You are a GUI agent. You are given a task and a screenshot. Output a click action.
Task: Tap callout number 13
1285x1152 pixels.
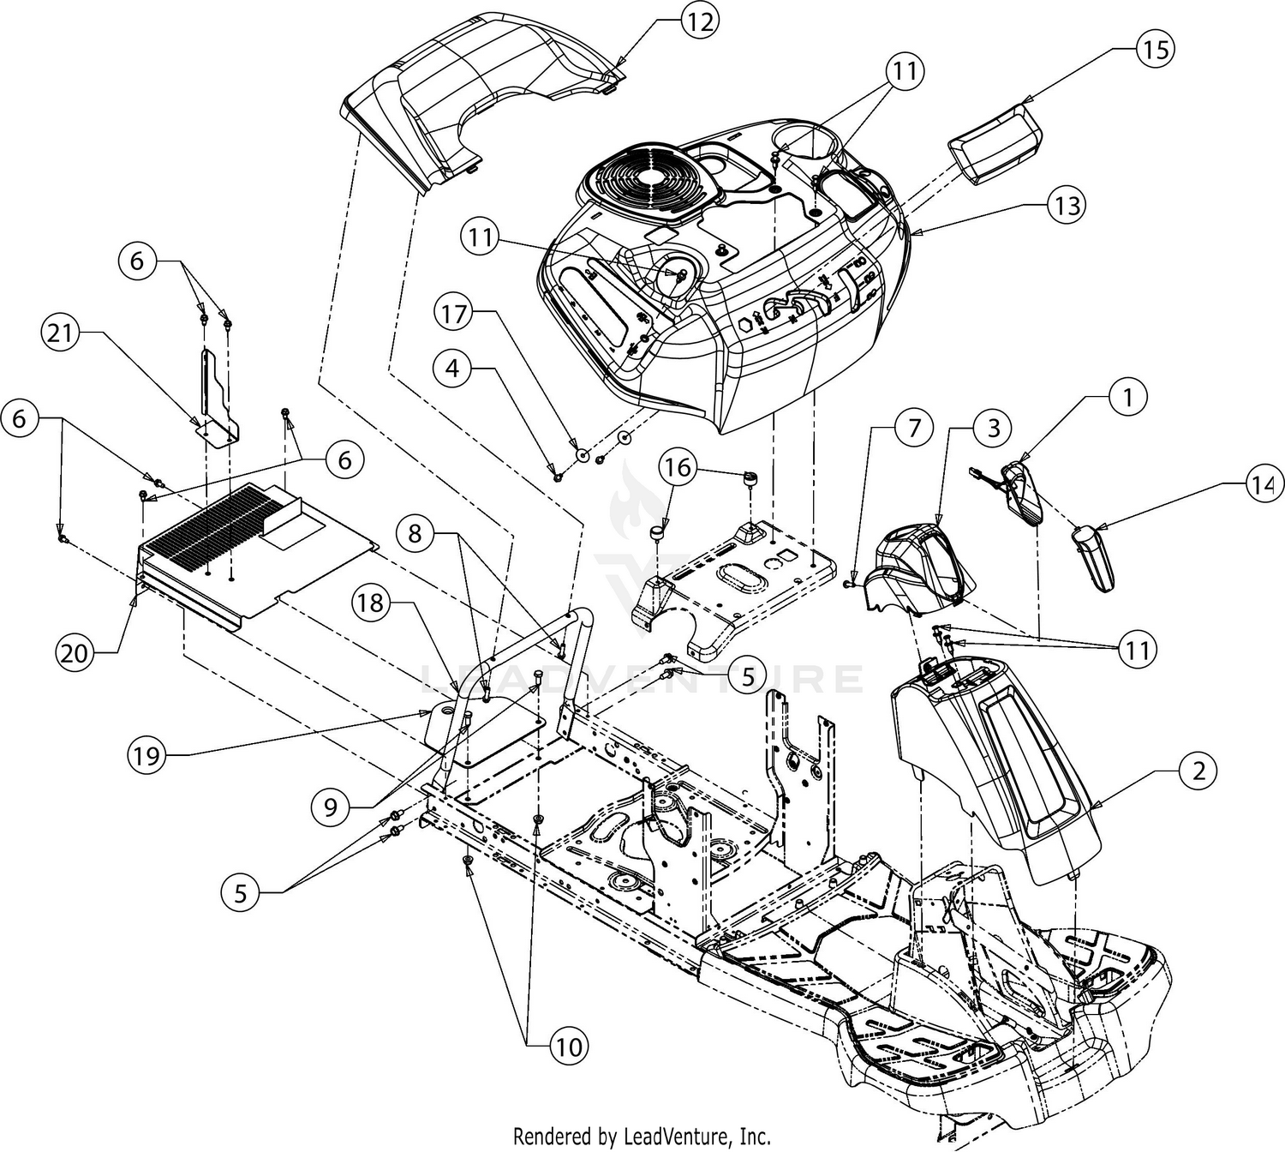point(1067,206)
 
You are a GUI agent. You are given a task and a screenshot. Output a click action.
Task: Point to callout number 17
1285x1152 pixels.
point(455,315)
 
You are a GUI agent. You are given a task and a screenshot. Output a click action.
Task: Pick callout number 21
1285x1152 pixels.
point(61,334)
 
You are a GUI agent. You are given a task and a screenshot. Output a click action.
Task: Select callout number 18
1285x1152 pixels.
point(371,603)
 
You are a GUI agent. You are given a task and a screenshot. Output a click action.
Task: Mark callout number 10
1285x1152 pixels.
point(569,1046)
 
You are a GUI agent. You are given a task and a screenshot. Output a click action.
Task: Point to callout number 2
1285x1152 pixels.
point(1198,771)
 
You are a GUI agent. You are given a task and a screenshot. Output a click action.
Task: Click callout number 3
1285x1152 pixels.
point(993,427)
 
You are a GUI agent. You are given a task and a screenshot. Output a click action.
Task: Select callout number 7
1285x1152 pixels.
point(913,427)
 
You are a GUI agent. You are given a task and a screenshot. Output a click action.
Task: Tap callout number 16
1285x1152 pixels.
point(677,468)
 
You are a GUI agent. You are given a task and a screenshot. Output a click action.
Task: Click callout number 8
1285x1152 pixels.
point(415,534)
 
